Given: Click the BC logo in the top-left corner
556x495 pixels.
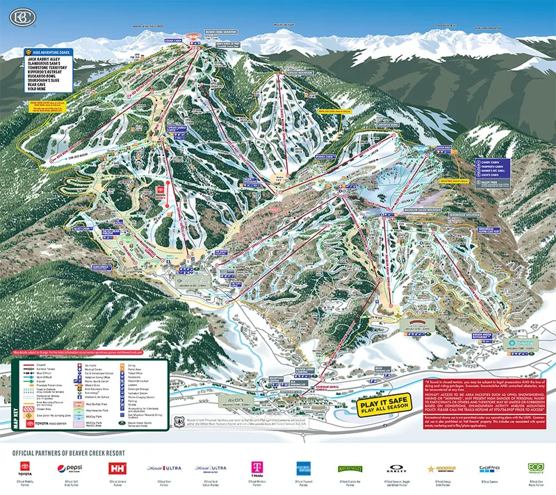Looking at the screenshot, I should coord(15,15).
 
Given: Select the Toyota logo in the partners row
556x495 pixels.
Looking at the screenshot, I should coord(25,469).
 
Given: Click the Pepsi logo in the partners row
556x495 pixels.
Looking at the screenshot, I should coord(72,469).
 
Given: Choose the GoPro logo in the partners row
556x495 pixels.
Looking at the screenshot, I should coord(489,469).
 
